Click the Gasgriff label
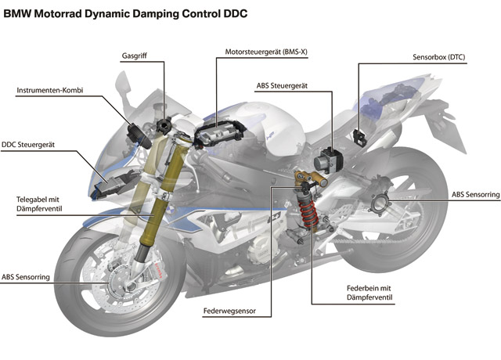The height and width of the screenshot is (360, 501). click(134, 56)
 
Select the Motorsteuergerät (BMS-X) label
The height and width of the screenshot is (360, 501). click(266, 52)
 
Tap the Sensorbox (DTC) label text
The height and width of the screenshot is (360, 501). click(438, 57)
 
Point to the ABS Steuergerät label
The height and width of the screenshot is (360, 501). click(282, 85)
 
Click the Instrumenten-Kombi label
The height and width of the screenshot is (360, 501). click(50, 91)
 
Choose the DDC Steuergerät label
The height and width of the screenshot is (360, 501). click(28, 145)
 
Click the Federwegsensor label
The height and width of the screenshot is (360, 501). click(229, 311)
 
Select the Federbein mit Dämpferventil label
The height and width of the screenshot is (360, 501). click(369, 293)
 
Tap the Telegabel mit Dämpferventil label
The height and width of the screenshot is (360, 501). click(39, 204)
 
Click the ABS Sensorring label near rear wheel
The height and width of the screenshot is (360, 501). click(475, 195)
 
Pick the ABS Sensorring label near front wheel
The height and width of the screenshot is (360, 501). click(26, 277)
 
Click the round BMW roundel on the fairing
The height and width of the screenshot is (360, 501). click(170, 211)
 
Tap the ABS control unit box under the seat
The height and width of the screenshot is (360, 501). click(328, 160)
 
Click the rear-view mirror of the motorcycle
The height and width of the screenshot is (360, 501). click(123, 83)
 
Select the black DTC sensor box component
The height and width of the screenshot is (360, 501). click(360, 138)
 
